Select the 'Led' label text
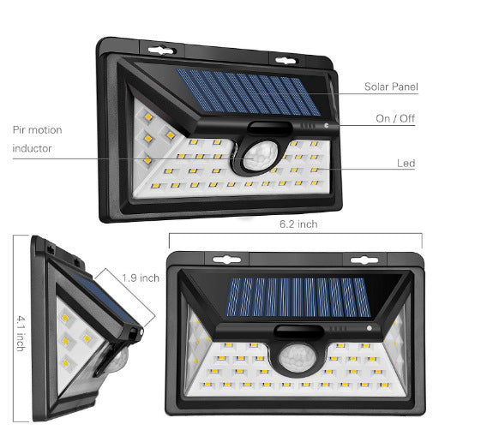pyautogui.click(x=406, y=163)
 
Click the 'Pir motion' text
pyautogui.click(x=37, y=130)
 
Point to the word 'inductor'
pyautogui.click(x=32, y=149)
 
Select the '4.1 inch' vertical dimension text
pyautogui.click(x=19, y=331)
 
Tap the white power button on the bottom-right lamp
pyautogui.click(x=368, y=328)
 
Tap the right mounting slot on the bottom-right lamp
pyautogui.click(x=365, y=259)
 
